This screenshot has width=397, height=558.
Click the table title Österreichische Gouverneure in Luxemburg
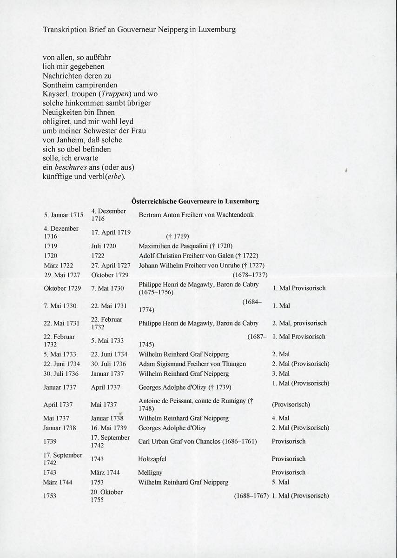tap(195, 201)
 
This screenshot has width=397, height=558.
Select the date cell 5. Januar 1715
tap(63, 215)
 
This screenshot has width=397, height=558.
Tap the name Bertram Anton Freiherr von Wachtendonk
tap(196, 215)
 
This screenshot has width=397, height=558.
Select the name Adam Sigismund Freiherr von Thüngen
tap(192, 364)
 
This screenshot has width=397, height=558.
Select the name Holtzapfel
tap(152, 459)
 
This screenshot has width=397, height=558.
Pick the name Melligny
tap(150, 472)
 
